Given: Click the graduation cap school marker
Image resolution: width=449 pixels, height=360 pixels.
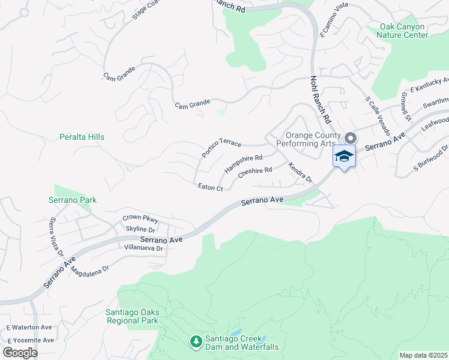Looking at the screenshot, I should tap(344, 157).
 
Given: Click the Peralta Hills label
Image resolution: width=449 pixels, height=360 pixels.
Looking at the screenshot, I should tap(82, 137).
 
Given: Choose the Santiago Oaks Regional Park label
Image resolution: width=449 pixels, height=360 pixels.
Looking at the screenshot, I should tap(131, 316).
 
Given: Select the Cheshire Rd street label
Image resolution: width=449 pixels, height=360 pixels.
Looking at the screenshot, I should tap(255, 172).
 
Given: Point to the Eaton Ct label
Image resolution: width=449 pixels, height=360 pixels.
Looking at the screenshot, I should tap(211, 188).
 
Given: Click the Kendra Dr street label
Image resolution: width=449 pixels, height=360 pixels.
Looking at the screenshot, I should tap(300, 172).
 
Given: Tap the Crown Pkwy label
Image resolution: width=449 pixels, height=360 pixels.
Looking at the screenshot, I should tap(139, 218).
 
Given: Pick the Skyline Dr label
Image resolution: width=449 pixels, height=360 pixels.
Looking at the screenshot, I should tap(140, 229).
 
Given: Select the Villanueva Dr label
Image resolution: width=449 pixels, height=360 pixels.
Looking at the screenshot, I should tap(143, 247).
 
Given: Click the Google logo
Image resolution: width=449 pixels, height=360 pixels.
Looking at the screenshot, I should tap(19, 352).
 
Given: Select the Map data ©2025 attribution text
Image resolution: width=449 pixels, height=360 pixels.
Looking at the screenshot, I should tap(424, 355).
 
